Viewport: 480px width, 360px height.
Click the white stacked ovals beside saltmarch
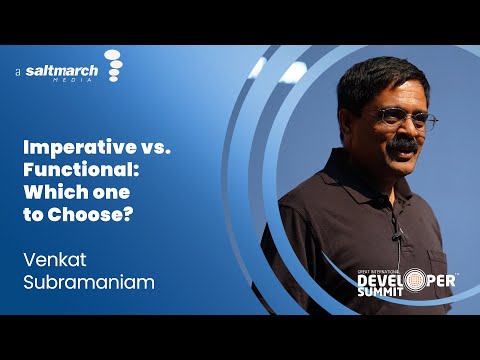[x=113, y=66]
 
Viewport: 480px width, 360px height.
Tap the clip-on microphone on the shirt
[x=397, y=237]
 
